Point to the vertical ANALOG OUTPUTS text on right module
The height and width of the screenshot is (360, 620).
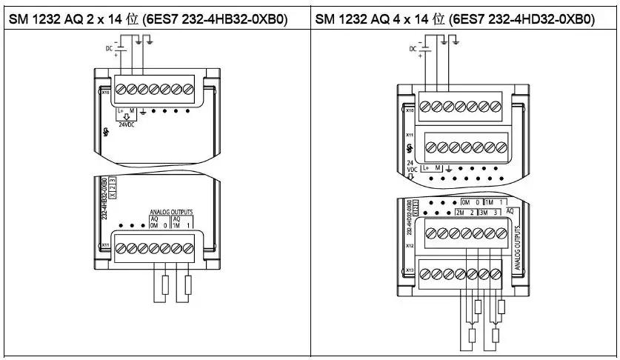(513, 240)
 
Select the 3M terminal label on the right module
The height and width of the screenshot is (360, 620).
(484, 213)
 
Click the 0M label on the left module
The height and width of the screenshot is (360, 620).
(155, 227)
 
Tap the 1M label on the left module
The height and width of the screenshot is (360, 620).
(177, 227)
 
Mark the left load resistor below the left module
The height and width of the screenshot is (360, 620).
(164, 285)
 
